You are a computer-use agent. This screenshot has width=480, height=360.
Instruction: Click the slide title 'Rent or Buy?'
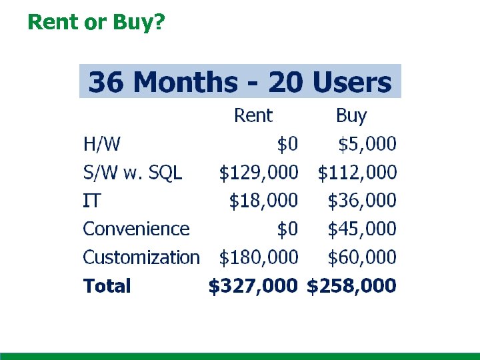96,22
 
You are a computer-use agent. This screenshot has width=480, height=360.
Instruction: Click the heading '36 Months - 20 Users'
240,83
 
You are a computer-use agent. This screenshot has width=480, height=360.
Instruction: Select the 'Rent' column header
253,116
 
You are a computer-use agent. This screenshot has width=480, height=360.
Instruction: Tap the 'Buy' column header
351,116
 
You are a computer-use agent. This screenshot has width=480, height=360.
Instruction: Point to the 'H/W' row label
97,143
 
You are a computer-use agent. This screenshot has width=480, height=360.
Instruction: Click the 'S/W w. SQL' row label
132,173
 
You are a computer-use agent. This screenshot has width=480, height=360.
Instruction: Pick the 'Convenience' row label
136,229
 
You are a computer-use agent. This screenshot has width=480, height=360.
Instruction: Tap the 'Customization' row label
141,257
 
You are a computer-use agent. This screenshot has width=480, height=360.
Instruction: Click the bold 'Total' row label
107,287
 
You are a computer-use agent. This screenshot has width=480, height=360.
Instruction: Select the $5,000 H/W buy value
367,143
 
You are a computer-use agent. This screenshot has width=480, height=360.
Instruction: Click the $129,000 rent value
259,173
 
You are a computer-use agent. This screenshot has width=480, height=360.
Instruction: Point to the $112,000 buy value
357,173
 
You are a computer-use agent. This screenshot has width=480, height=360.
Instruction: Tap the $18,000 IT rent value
263,201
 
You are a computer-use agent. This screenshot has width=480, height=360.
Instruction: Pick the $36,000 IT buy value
362,201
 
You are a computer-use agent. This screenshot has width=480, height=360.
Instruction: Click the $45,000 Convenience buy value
362,229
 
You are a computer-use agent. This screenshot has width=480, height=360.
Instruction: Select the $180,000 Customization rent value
259,257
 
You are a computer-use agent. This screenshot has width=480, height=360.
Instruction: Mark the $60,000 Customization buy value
362,257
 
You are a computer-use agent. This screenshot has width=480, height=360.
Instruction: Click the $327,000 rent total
253,287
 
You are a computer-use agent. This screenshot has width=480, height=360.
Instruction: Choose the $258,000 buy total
351,287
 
